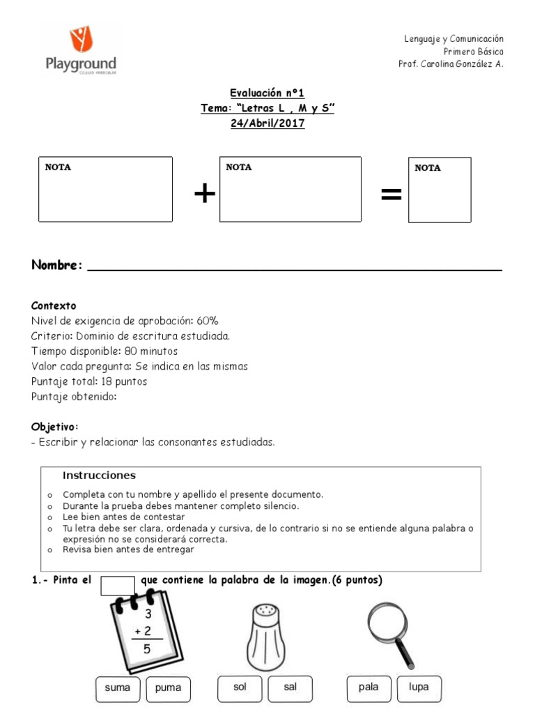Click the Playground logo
click(81, 50)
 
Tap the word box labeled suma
click(118, 688)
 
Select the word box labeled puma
click(168, 688)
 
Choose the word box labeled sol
click(240, 688)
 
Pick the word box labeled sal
click(290, 688)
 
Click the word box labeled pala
click(369, 688)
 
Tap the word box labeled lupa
click(419, 688)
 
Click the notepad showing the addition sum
click(144, 628)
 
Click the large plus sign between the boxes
click(204, 195)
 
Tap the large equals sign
click(391, 196)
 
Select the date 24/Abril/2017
click(267, 123)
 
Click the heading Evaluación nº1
click(267, 93)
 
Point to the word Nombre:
click(57, 266)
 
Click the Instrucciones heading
click(99, 476)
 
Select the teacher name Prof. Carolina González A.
click(450, 64)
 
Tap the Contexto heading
click(54, 306)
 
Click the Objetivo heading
click(54, 427)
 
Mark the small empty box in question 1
click(117, 585)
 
